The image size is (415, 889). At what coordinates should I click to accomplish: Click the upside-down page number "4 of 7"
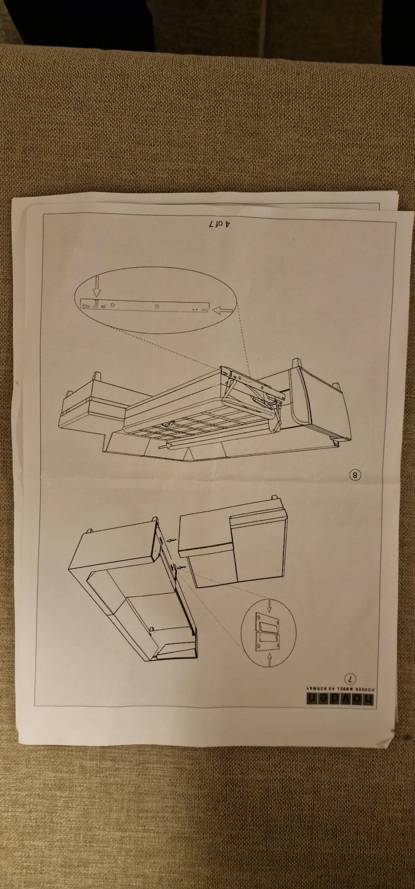220,225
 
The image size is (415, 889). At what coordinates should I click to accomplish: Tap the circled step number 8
355,475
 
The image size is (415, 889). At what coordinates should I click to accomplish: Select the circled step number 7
350,678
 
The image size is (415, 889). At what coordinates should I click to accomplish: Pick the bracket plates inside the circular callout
267,629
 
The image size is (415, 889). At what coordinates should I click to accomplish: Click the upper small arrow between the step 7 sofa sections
172,540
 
